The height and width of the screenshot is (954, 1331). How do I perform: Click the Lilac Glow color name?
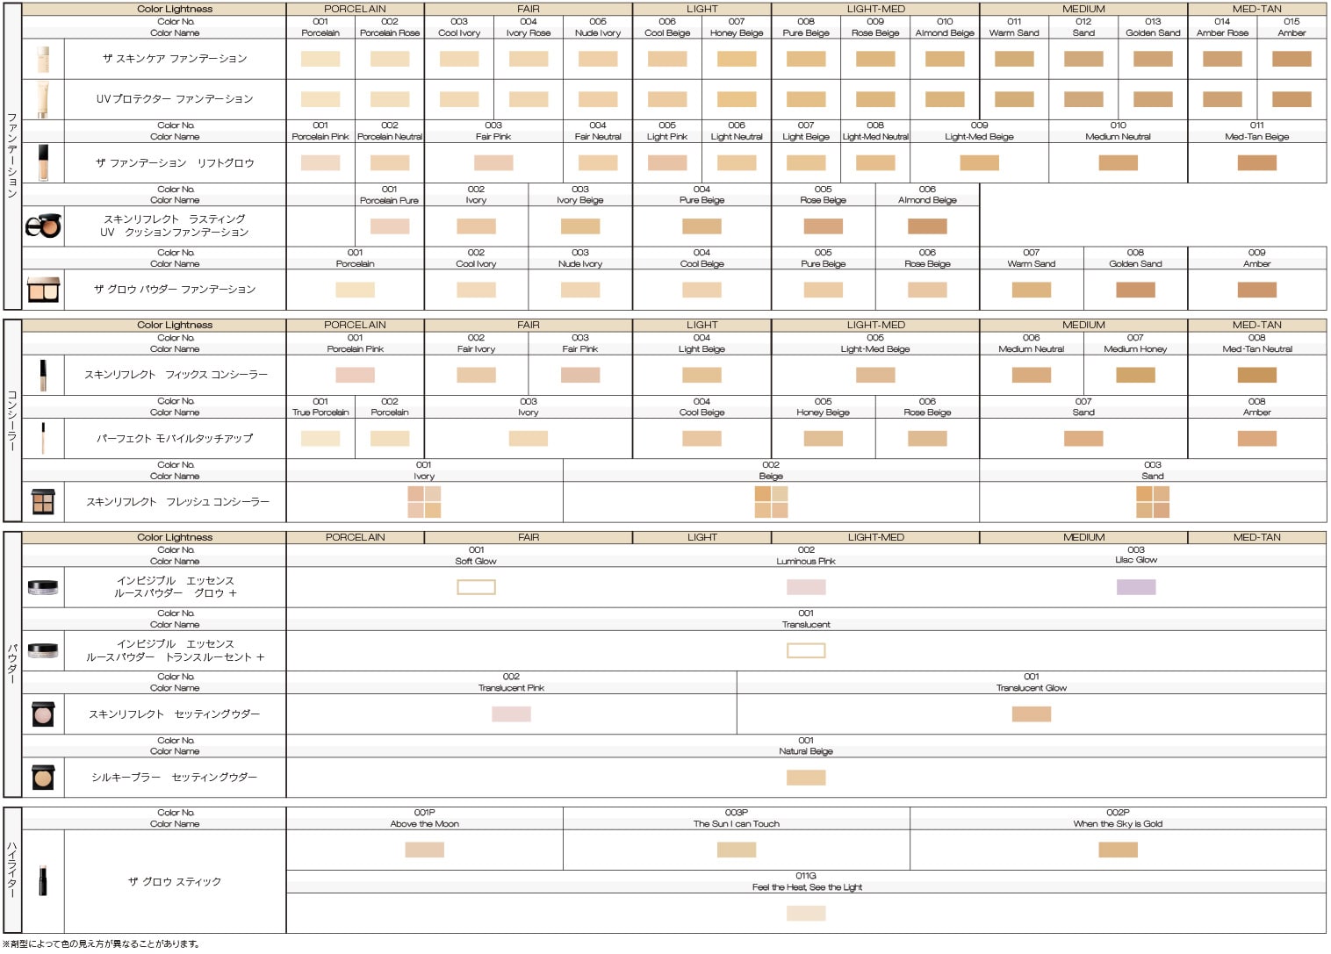click(x=1135, y=560)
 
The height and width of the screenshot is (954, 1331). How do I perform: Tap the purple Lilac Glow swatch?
click(x=1135, y=587)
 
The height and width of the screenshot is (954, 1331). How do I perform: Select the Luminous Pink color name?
click(x=805, y=561)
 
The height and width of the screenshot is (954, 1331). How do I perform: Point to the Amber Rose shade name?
click(x=1221, y=33)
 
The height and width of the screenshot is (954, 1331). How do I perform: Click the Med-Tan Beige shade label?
click(x=1256, y=137)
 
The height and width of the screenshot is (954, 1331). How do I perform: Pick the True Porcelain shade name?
click(x=320, y=412)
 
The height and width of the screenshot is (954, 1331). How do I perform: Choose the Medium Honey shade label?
click(x=1134, y=349)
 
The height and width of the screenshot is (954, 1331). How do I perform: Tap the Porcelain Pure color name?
click(x=389, y=201)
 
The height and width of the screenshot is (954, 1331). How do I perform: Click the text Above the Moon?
click(x=424, y=824)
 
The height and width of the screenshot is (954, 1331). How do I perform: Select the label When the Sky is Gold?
click(x=1117, y=824)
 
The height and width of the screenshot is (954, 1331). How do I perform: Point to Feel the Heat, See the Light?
click(x=806, y=887)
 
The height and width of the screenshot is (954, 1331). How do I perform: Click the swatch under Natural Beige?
click(x=805, y=778)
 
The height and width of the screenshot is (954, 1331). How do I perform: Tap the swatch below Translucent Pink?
click(x=511, y=714)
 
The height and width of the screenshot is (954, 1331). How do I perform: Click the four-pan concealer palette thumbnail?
click(x=43, y=502)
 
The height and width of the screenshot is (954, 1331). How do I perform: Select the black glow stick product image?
click(x=42, y=881)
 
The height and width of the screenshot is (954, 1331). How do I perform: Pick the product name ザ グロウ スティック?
click(x=174, y=881)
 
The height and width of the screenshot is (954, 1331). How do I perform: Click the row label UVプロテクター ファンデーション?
click(x=174, y=99)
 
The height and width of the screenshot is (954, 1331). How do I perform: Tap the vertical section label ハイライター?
click(x=12, y=869)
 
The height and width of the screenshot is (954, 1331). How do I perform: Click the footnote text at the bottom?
click(x=101, y=944)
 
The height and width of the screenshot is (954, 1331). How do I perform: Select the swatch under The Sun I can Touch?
click(x=736, y=850)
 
